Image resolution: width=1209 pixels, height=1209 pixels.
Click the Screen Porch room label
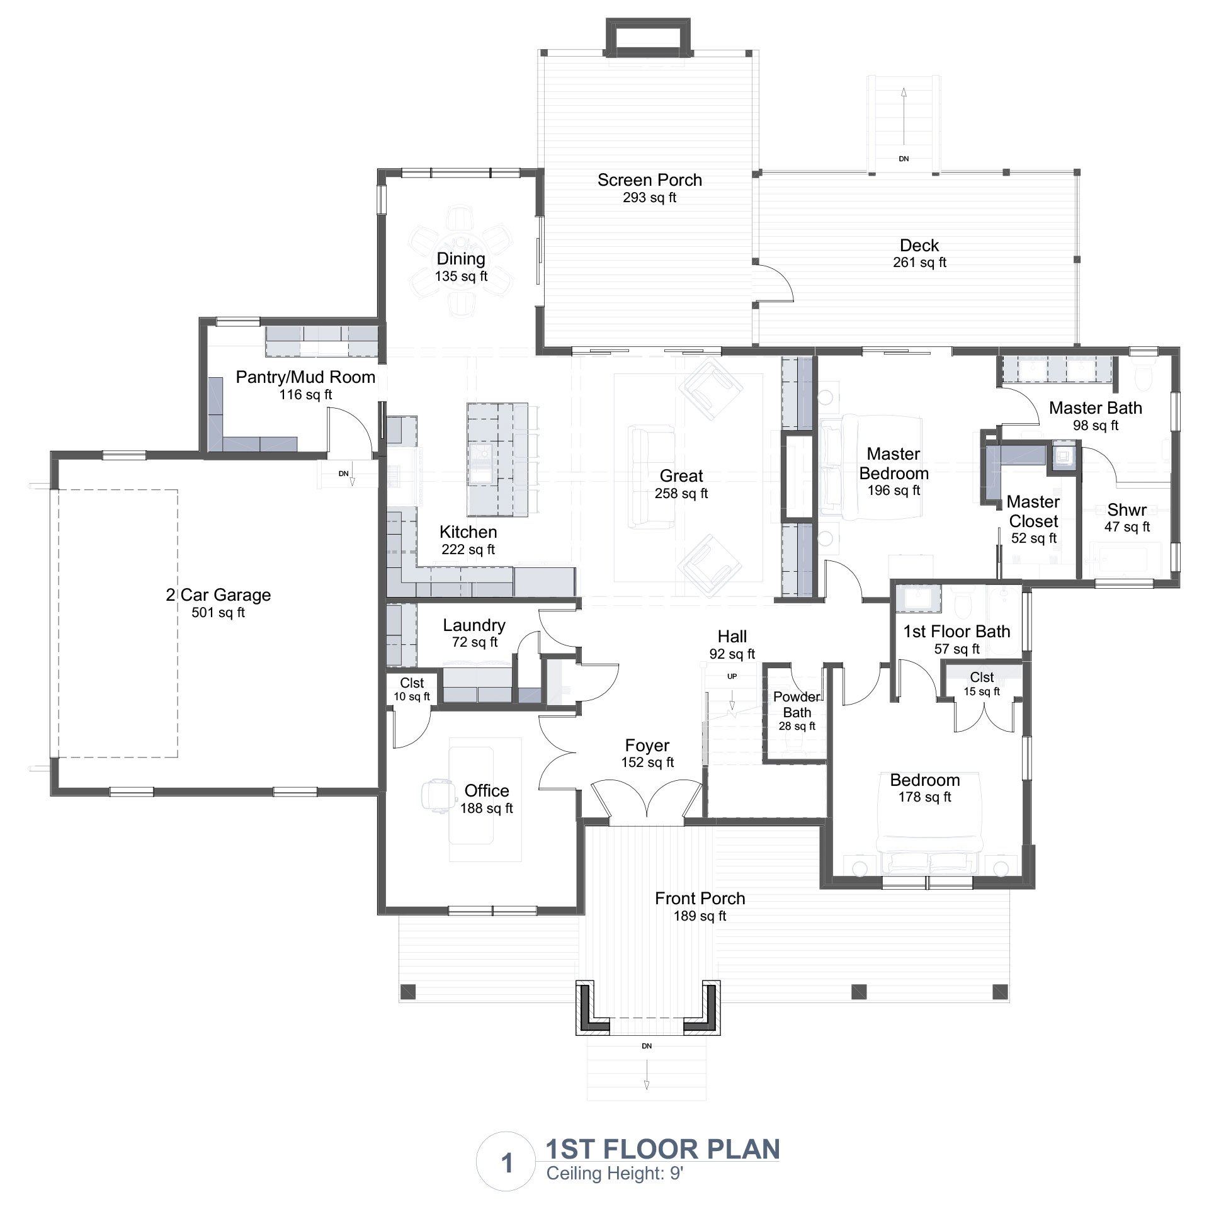[x=649, y=180]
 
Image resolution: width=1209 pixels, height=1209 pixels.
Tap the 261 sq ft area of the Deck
[x=919, y=263]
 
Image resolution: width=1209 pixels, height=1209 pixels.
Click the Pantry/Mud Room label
[x=305, y=377]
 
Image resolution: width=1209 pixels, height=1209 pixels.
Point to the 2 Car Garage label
[x=219, y=595]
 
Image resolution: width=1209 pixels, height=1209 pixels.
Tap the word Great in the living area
[x=681, y=476]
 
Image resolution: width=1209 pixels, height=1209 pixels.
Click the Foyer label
[x=647, y=746]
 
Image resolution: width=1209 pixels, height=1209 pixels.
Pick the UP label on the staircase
[x=732, y=677]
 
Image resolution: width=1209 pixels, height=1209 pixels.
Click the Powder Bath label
[x=797, y=705]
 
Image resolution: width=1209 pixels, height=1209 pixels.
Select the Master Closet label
[x=1033, y=511]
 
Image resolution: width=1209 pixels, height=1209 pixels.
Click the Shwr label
[x=1127, y=509]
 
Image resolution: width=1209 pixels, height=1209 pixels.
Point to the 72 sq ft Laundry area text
[x=475, y=642]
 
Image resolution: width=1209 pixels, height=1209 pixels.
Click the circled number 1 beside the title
[x=508, y=1162]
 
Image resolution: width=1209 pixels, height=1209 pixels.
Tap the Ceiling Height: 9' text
[x=615, y=1174]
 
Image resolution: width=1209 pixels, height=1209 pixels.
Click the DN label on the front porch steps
[x=647, y=1046]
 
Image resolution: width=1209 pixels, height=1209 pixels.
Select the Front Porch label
[x=700, y=899]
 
